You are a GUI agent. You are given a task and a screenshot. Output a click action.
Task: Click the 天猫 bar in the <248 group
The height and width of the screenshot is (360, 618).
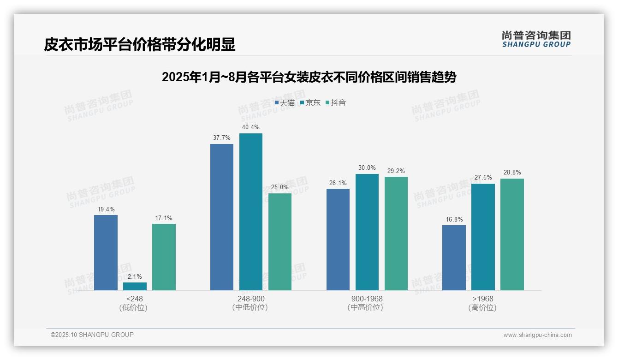coord(106,252)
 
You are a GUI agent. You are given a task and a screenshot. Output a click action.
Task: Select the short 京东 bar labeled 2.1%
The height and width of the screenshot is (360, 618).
coord(135,287)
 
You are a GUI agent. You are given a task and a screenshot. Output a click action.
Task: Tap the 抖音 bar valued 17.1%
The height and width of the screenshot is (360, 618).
coord(164,257)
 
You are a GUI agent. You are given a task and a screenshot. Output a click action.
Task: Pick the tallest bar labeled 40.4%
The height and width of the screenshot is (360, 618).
coord(250,212)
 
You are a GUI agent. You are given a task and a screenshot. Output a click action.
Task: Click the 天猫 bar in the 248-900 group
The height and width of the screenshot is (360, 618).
coord(222,217)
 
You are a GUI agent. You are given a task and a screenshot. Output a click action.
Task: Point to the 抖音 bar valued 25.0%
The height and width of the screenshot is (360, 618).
coord(280,242)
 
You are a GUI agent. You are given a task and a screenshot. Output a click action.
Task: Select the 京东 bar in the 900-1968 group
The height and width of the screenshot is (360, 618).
coord(367,232)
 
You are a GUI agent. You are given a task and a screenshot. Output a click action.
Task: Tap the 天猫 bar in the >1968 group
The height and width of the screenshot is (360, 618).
coord(454,258)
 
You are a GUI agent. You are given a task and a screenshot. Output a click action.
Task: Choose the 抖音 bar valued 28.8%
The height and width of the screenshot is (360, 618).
coord(512,234)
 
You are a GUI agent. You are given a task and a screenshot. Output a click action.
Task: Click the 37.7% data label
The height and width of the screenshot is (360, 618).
coord(222,138)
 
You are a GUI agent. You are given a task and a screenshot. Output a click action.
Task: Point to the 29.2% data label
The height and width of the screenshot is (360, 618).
coord(396,171)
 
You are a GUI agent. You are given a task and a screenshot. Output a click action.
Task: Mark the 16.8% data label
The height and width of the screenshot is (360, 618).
coord(454,219)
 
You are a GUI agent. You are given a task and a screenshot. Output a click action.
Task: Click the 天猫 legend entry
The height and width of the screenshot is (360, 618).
coord(285,103)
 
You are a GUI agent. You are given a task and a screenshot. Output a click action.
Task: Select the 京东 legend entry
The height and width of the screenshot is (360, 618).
coord(310,103)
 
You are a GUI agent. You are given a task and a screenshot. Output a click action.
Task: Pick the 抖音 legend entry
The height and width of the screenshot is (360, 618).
coord(336,103)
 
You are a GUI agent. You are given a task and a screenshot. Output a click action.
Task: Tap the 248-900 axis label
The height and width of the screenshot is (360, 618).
coord(250,299)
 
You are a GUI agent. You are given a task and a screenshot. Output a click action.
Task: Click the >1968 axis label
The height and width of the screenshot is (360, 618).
coord(482,299)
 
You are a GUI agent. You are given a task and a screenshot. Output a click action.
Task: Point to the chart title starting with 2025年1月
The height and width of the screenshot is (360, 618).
coord(309,77)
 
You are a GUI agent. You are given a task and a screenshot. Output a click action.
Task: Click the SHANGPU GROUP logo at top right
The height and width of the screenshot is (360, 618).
coord(536,39)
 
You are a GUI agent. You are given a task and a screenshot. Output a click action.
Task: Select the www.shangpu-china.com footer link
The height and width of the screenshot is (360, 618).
coord(537,335)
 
